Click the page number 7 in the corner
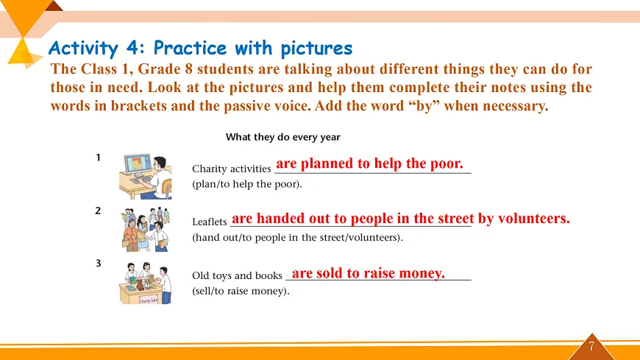click(591, 347)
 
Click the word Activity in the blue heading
click(83, 48)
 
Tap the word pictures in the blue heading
click(316, 48)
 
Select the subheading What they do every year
click(283, 137)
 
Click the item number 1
click(98, 158)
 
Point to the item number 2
click(98, 211)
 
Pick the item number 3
click(98, 263)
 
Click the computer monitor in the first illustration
click(138, 166)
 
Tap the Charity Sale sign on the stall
click(149, 300)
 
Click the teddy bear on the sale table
click(140, 284)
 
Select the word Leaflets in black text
click(210, 222)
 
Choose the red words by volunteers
click(524, 218)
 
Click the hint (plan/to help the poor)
click(247, 184)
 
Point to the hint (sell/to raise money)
click(241, 291)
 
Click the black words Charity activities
click(232, 169)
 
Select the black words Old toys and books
click(237, 275)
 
